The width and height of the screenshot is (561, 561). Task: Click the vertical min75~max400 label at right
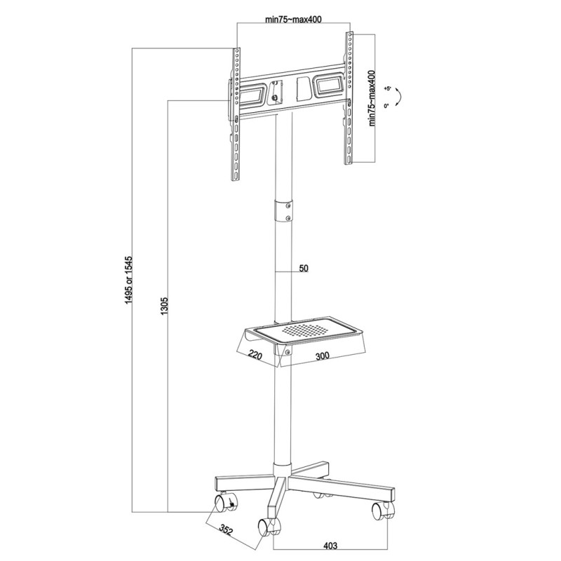coord(372,97)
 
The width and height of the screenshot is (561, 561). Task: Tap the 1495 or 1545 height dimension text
coord(128,276)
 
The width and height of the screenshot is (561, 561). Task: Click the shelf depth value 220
coord(255,356)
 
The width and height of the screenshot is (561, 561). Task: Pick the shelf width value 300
coord(322,356)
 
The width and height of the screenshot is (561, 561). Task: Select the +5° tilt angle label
coord(387,90)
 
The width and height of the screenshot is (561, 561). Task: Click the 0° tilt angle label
coord(387,106)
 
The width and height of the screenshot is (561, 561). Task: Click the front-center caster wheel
coord(267,526)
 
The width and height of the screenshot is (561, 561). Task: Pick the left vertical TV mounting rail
coord(237,112)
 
